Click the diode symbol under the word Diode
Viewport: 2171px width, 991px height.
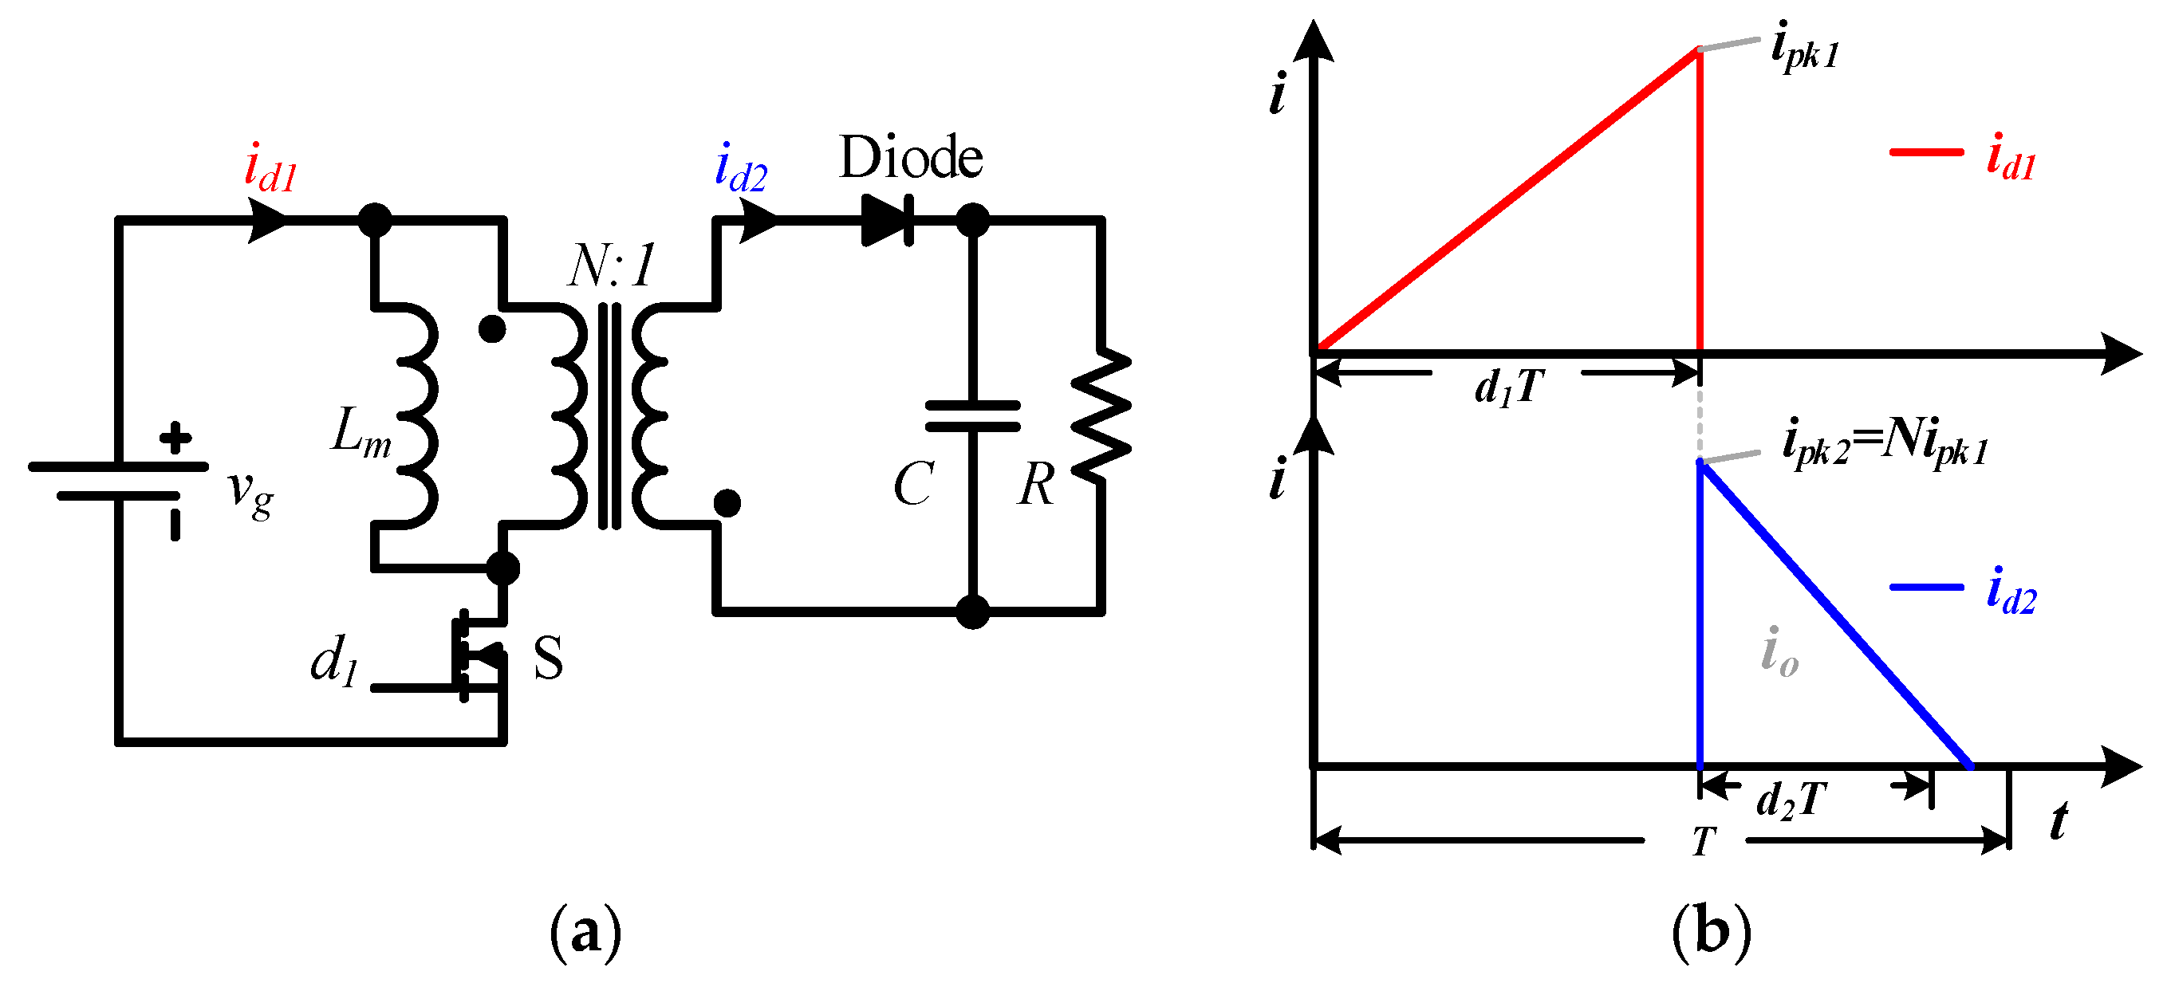pos(887,221)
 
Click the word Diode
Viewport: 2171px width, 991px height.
pos(910,158)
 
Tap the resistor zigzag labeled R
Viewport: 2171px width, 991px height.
pos(1101,415)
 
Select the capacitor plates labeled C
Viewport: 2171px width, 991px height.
pos(972,416)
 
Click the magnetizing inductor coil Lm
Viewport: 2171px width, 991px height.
pos(417,415)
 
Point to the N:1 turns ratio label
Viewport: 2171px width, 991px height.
pos(611,266)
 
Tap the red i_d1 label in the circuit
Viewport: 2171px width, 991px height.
pos(270,168)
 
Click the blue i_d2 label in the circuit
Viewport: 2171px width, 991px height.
pos(740,168)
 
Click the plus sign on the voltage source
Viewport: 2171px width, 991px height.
pos(175,438)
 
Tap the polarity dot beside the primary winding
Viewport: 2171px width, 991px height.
pos(492,328)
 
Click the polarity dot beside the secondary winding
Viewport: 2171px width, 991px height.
pos(727,503)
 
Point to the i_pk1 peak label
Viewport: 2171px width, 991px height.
pos(1803,49)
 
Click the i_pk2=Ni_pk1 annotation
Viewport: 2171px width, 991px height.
pos(1885,444)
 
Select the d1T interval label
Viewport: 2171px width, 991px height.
pos(1508,387)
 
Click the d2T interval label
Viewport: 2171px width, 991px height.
pos(1791,799)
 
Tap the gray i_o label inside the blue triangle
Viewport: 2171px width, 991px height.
pos(1779,653)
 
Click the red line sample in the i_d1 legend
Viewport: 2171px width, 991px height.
pos(1926,152)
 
